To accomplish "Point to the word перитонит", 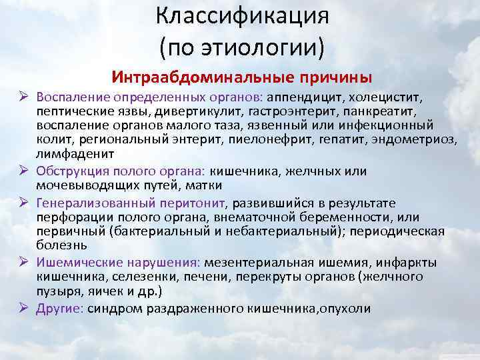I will [197, 203].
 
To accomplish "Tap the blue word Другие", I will [58, 309].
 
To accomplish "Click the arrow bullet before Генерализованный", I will [23, 203].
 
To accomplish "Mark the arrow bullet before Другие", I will [23, 309].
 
